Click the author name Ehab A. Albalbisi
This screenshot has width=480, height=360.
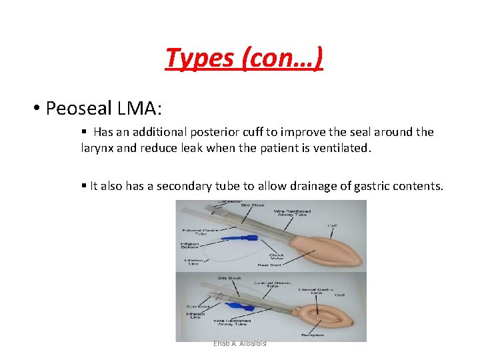click(240, 343)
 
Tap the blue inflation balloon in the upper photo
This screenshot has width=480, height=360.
click(237, 237)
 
